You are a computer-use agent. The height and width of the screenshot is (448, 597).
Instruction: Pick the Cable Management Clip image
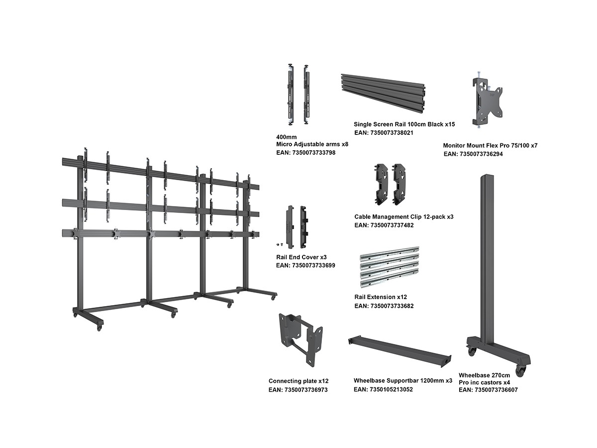389,184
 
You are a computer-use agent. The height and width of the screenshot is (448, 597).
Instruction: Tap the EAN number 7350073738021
384,133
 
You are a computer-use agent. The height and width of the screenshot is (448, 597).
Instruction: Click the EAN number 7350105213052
383,389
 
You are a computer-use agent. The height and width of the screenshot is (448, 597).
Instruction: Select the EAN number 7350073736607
488,390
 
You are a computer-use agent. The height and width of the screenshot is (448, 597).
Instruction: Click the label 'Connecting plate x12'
298,381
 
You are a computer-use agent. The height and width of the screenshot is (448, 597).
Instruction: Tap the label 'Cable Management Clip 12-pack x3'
403,217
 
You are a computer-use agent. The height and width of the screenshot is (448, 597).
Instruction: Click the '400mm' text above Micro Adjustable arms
286,136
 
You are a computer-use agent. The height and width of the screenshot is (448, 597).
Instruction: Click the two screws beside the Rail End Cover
280,244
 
